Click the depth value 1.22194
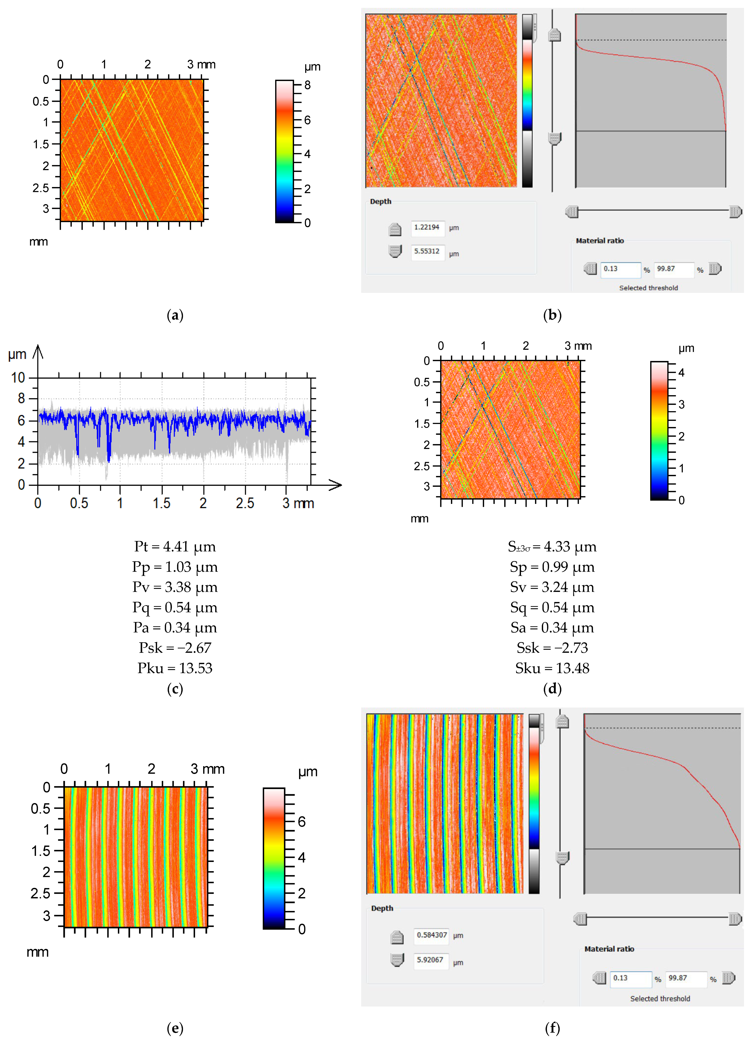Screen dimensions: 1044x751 tap(427, 227)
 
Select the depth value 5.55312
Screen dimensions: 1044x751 tap(427, 251)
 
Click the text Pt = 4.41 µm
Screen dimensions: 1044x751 tap(175, 547)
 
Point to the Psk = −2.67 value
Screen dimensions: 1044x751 tap(175, 648)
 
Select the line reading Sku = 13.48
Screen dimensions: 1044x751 tap(552, 668)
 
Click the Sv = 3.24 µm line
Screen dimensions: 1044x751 tap(552, 587)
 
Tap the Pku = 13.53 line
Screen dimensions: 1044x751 tap(175, 668)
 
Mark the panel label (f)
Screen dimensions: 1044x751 tap(552, 1028)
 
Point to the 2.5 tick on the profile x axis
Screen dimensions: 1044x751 tap(245, 503)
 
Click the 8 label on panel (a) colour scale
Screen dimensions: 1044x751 tap(307, 85)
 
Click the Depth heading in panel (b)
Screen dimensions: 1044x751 tap(380, 202)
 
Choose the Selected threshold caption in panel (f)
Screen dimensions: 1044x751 tap(660, 999)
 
